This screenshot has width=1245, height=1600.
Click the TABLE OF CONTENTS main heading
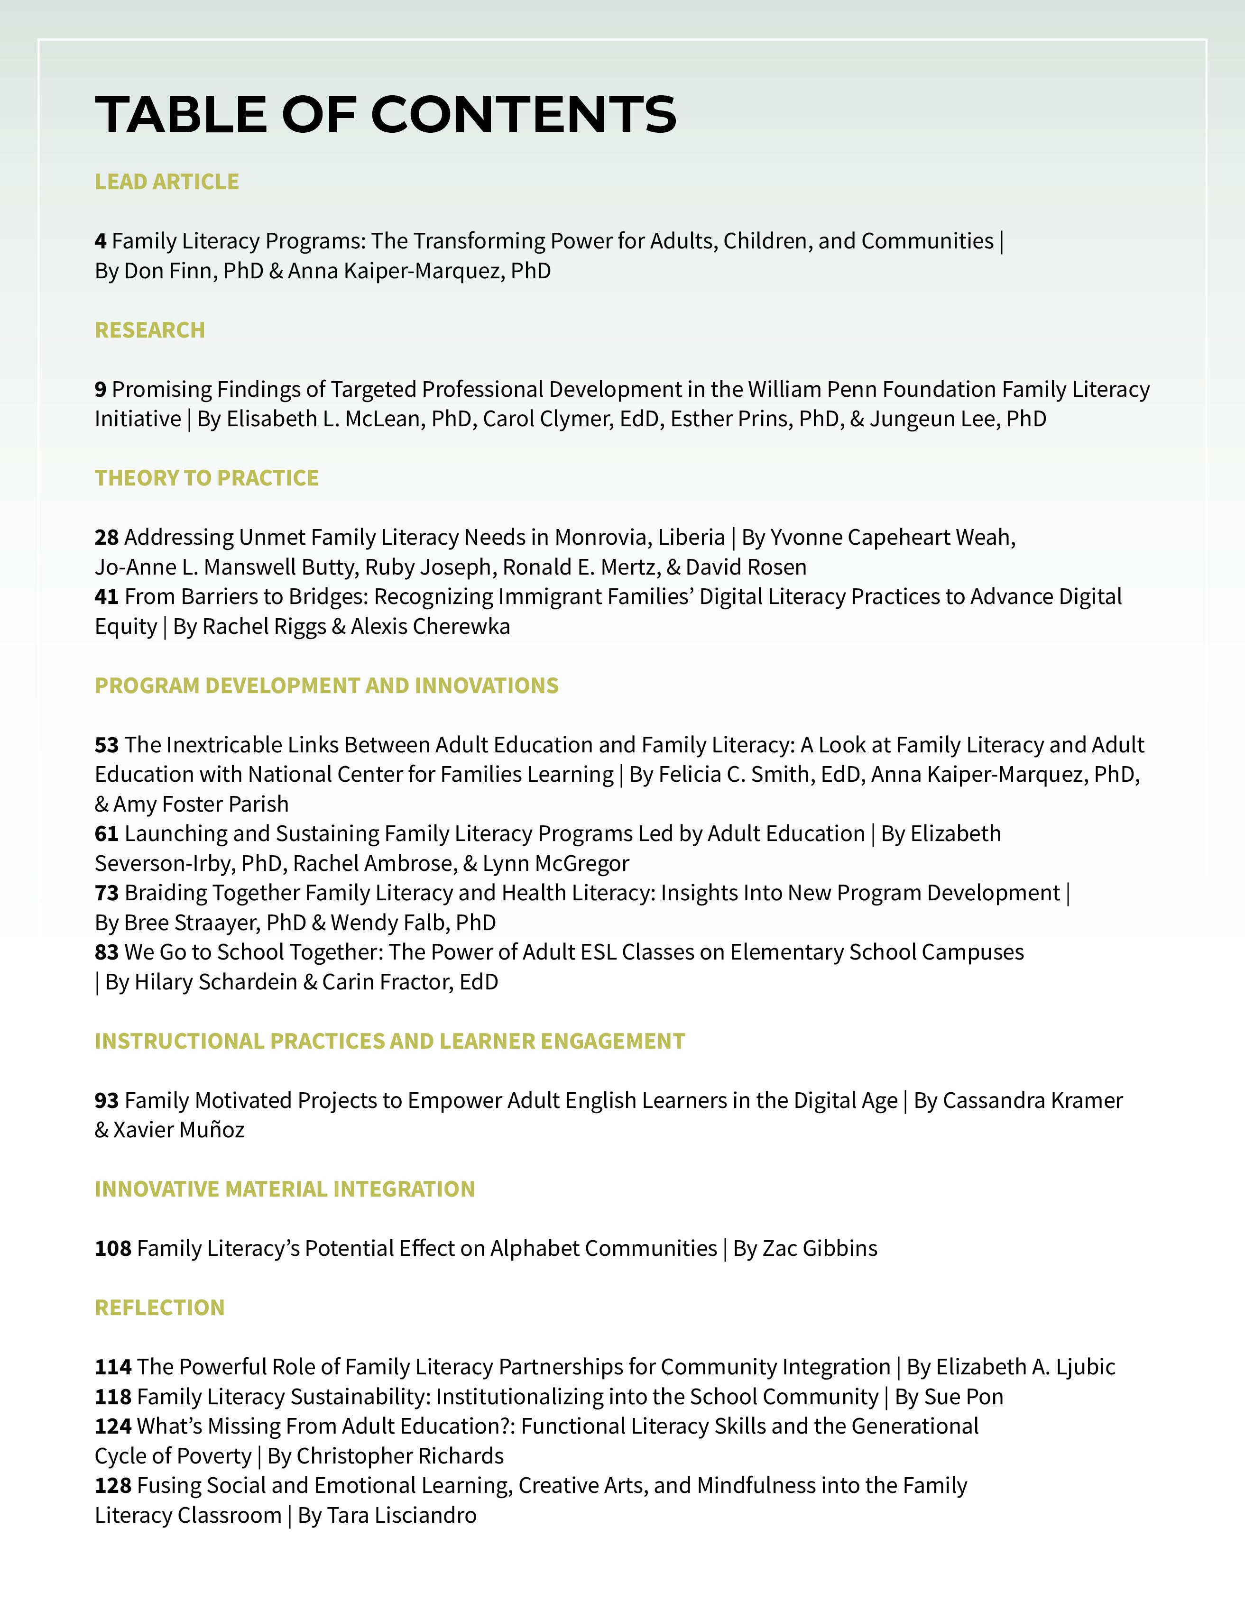386,115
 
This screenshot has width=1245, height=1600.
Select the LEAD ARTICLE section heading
167,182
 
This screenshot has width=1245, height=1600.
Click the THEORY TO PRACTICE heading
207,478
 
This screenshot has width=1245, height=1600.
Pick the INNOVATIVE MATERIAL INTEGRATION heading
285,1189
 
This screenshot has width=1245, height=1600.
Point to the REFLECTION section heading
160,1307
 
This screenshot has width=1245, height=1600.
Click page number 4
101,241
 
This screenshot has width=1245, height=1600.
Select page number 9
101,389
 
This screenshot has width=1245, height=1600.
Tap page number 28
106,537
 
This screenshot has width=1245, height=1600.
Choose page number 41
106,596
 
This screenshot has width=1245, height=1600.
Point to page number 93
106,1100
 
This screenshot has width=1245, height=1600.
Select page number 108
113,1248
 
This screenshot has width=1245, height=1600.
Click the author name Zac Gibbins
820,1248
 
